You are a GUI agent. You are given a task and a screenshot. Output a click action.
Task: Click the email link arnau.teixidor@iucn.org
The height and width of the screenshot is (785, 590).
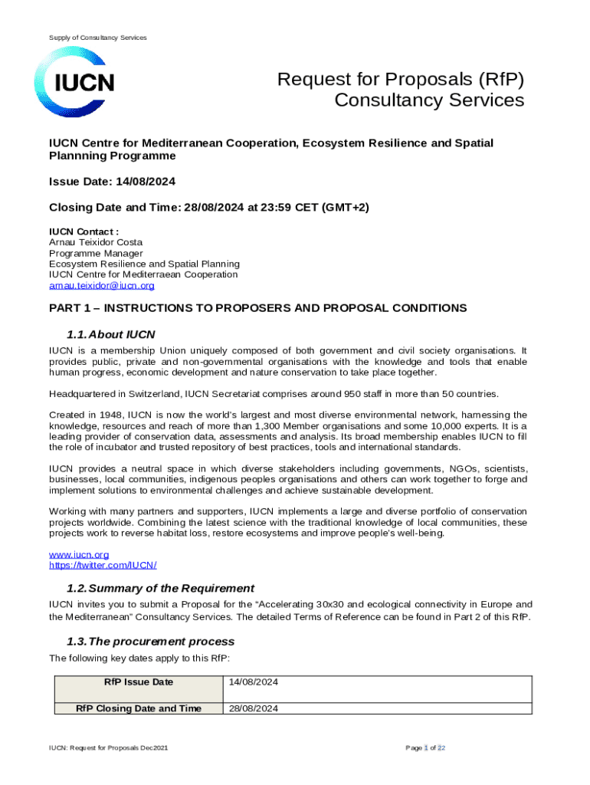pos(102,286)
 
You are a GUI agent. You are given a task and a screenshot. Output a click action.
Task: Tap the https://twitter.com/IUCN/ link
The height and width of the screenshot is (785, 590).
pos(103,565)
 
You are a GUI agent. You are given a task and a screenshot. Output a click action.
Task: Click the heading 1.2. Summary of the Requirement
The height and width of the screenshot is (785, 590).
pos(160,588)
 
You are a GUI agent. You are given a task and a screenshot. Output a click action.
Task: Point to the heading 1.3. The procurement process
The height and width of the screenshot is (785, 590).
pos(150,641)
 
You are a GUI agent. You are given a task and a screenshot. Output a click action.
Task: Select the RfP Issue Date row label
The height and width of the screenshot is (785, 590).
pos(139,682)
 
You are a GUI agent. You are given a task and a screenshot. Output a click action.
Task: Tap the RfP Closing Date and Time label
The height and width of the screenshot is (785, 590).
pos(139,709)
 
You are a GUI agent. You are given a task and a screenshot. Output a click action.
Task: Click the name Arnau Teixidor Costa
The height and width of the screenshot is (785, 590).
pos(96,242)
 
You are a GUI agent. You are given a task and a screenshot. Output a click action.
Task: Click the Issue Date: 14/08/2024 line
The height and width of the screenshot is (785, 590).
pos(113,182)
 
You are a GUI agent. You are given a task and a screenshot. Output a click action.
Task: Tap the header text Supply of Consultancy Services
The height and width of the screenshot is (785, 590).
pos(98,38)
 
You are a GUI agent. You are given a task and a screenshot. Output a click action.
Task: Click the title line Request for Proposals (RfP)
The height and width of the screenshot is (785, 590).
pos(401,80)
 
